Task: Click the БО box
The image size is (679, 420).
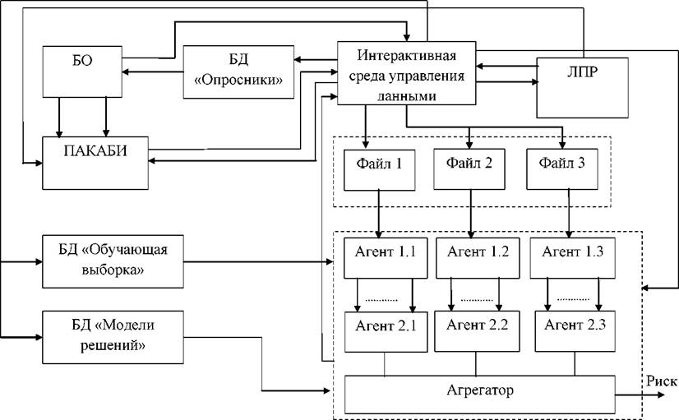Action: point(82,72)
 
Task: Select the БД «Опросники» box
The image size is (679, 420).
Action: point(238,72)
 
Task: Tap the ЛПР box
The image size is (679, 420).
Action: point(583,87)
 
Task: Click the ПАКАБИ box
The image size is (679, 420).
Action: point(95,163)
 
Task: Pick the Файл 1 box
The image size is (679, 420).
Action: point(379,170)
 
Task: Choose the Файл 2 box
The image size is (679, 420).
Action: point(469,169)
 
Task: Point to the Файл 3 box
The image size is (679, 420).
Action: point(562,169)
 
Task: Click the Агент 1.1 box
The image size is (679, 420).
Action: point(386,258)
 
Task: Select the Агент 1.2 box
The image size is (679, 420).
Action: point(478,258)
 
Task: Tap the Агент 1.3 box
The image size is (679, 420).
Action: point(572,258)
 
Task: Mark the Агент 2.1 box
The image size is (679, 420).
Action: point(386,332)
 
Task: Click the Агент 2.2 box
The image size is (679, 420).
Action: point(478,331)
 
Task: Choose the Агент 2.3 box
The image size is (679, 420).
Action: point(575,331)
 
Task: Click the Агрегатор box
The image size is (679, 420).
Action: point(480,395)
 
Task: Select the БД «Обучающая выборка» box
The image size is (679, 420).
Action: point(113,261)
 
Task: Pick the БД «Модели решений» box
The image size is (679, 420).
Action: point(113,337)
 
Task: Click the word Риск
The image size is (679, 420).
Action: point(662,381)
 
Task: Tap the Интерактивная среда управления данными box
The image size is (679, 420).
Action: point(407,73)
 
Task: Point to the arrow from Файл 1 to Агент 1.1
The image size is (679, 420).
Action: point(379,214)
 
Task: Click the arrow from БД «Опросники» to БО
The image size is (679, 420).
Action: point(153,72)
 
